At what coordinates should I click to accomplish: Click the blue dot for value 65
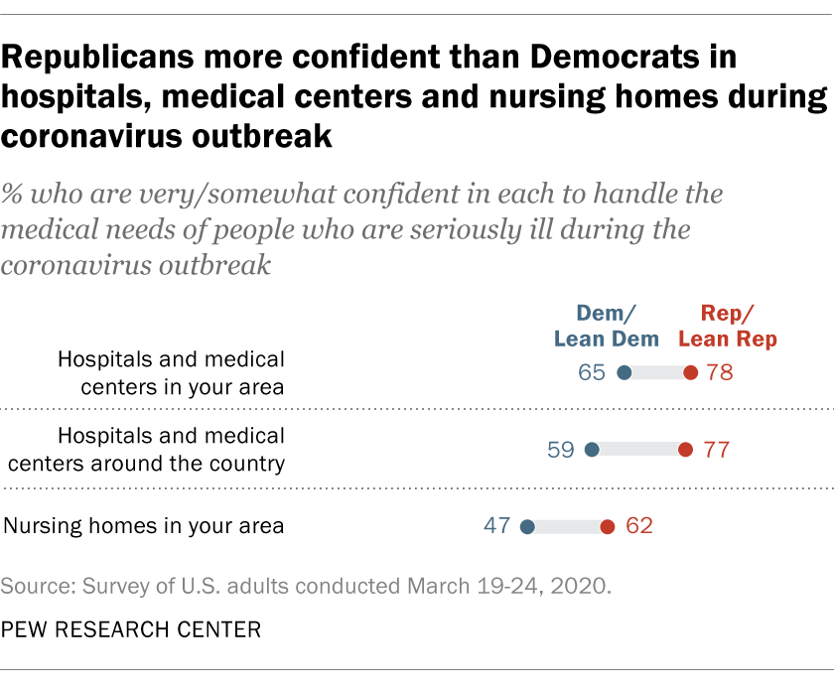pos(624,373)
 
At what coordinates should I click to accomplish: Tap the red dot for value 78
pos(691,373)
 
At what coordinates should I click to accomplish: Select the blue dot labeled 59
pos(592,450)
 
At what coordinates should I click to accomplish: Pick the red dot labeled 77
pos(685,450)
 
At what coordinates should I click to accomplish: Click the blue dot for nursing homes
pos(527,526)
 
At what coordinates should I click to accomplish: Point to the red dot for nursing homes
pos(607,526)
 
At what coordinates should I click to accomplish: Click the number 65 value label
pos(593,373)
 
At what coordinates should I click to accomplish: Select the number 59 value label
pos(561,450)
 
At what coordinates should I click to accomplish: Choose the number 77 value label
pos(715,450)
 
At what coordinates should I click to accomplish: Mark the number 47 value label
pos(496,526)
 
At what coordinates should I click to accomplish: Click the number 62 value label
pos(638,526)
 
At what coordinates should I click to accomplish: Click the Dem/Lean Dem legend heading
pos(607,326)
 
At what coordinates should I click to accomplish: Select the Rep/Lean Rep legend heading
pos(728,326)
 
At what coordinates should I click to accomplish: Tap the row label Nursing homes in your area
pos(145,526)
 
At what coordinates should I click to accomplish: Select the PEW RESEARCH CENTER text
pos(131,629)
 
